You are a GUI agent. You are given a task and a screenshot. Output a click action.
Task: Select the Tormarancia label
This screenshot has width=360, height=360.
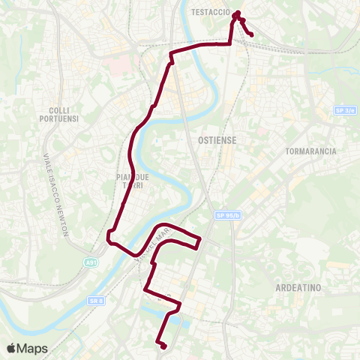[x=310, y=151]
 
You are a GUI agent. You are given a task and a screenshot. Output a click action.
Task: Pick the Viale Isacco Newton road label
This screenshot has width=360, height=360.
[x=56, y=195]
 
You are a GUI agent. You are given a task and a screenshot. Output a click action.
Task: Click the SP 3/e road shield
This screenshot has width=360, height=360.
[x=343, y=110]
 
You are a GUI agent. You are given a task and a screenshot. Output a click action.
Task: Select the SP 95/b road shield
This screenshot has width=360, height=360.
[x=230, y=215]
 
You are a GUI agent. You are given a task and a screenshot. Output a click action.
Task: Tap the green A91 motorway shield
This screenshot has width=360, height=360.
[x=90, y=262]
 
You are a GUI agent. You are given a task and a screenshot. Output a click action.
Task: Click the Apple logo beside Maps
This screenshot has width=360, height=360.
[x=12, y=348]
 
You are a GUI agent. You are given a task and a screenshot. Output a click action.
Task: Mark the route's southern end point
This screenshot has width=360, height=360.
[x=163, y=346]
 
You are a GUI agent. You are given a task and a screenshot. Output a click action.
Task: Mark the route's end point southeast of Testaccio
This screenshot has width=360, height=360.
[x=250, y=34]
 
